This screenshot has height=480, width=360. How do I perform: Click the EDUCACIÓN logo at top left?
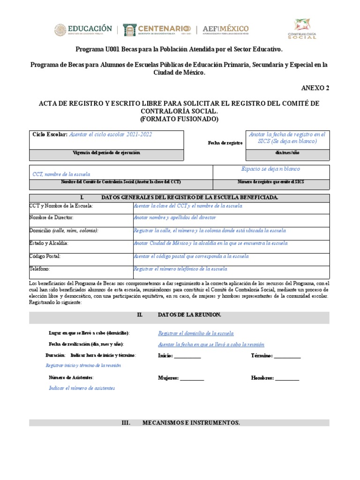pyautogui.click(x=83, y=30)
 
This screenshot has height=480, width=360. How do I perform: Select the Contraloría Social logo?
pyautogui.click(x=305, y=29)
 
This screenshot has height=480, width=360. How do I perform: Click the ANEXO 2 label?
pyautogui.click(x=315, y=88)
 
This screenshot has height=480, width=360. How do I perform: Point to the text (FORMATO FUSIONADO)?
pyautogui.click(x=180, y=119)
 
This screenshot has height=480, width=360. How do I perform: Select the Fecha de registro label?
pyautogui.click(x=225, y=142)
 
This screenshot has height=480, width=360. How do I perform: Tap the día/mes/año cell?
pyautogui.click(x=287, y=153)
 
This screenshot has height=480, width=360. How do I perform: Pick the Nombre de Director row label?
pyautogui.click(x=51, y=217)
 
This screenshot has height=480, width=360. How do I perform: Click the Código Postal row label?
pyautogui.click(x=45, y=256)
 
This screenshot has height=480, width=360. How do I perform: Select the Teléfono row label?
pyautogui.click(x=40, y=269)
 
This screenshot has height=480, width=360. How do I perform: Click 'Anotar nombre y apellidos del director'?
pyautogui.click(x=174, y=217)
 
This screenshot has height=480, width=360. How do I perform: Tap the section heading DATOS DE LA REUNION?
pyautogui.click(x=190, y=315)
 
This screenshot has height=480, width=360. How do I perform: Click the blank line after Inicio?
pyautogui.click(x=187, y=356)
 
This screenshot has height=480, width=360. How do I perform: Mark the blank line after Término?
pyautogui.click(x=287, y=356)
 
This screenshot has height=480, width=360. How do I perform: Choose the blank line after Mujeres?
pyautogui.click(x=192, y=378)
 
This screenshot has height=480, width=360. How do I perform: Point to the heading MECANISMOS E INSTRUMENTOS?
pyautogui.click(x=191, y=423)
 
